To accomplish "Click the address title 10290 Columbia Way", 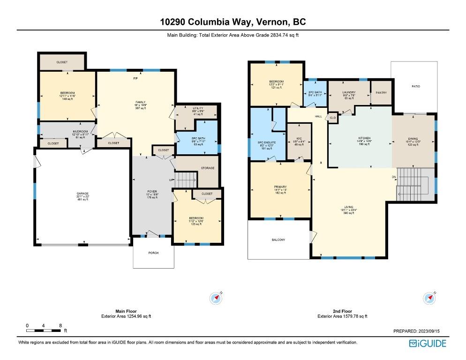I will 233,22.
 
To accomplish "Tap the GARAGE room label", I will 83,193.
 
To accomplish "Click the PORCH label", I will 153,253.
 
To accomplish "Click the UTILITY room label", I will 197,108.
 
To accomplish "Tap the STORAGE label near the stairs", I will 208,168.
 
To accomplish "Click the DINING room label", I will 413,139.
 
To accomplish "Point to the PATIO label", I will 416,87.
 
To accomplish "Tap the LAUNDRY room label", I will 349,92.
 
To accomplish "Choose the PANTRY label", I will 381,93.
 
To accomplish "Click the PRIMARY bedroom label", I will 280,187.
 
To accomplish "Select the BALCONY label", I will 278,240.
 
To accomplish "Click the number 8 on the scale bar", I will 60,325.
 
